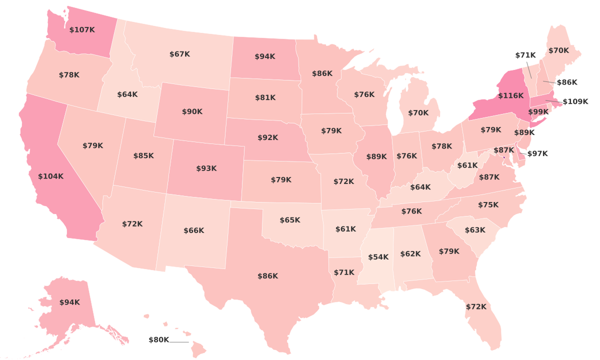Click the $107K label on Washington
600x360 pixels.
[x=82, y=30]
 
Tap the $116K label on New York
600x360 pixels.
[x=510, y=95]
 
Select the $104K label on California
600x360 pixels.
[x=51, y=176]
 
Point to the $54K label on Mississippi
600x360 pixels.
[x=378, y=257]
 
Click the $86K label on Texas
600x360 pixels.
[x=267, y=276]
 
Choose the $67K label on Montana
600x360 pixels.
[x=179, y=54]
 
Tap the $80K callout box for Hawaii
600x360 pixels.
[x=159, y=340]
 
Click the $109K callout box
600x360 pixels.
[x=575, y=102]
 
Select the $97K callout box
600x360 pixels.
[x=537, y=153]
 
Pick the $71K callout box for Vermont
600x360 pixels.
[x=525, y=54]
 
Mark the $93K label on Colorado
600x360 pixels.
[x=206, y=168]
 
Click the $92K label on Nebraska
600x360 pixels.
[x=267, y=137]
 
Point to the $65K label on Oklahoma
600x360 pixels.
[x=290, y=220]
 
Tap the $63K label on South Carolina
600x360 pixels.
[x=474, y=230]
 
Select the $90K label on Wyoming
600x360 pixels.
[x=192, y=112]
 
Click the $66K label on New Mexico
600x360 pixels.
[x=193, y=230]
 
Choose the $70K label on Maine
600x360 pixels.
[x=558, y=50]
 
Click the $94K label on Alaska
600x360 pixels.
[x=69, y=302]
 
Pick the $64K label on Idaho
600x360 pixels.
[x=127, y=94]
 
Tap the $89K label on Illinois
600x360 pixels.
[x=376, y=156]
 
